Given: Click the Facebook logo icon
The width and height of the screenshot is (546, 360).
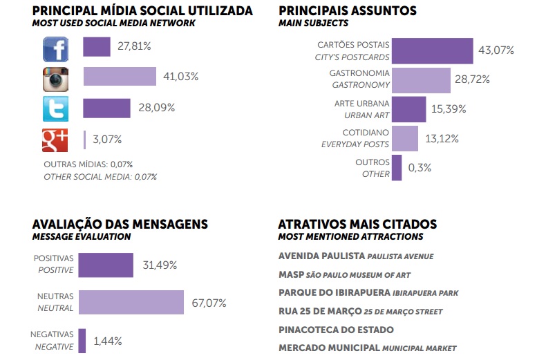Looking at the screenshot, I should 56,49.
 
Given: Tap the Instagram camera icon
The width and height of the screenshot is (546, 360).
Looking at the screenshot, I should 56,79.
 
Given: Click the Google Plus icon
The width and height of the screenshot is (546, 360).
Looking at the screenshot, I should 56,140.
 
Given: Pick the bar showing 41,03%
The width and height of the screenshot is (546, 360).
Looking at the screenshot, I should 120,77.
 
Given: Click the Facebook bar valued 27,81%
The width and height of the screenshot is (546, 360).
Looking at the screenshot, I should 97,47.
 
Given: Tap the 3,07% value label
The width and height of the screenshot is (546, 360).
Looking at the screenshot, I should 107,140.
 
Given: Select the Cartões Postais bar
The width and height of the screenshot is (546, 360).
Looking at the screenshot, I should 432,51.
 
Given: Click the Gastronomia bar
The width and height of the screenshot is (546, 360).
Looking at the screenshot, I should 421,79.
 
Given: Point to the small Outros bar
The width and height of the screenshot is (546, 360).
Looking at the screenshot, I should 397,168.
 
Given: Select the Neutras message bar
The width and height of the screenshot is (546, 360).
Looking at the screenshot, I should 131,303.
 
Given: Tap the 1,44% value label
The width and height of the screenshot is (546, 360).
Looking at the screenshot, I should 108,341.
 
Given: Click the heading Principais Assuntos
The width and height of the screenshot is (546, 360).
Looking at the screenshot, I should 347,11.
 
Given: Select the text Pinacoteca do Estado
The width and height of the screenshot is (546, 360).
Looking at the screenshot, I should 336,330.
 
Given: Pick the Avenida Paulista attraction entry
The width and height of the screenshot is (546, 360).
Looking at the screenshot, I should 355,256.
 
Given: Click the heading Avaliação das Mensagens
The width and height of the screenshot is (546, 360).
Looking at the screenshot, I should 120,225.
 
